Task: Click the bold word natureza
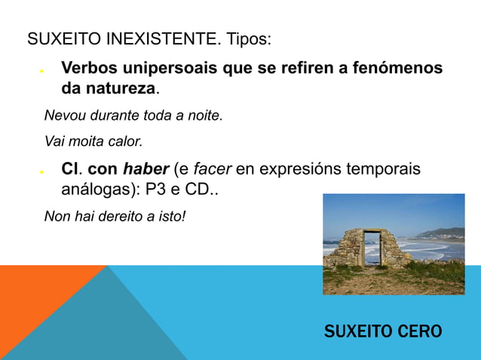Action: pos(121,89)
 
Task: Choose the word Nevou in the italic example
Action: pos(62,116)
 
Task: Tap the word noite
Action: pos(205,116)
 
